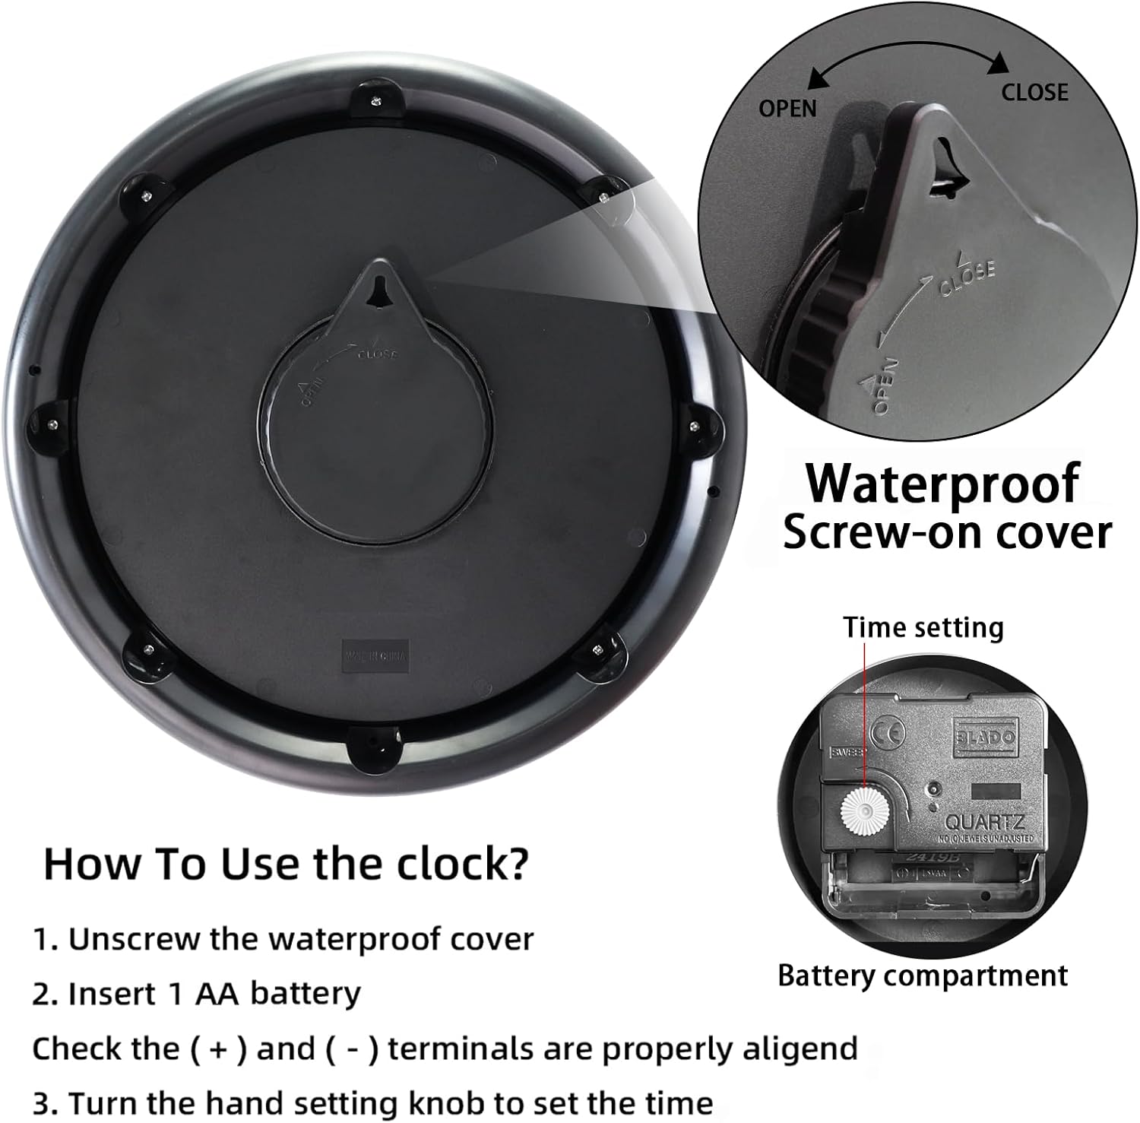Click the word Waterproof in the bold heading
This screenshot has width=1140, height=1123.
coord(942,484)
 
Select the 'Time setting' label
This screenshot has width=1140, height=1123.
coord(923,627)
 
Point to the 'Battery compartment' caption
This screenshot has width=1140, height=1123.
coord(922,975)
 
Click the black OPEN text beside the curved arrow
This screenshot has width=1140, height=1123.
coord(787,109)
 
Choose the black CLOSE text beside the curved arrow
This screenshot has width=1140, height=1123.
coord(1034,93)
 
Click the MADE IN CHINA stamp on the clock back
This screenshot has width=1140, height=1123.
coord(375,655)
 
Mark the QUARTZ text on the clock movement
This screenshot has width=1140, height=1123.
coord(984,822)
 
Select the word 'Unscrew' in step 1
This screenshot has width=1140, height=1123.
coord(136,939)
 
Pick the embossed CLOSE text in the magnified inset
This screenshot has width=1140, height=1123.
coord(967,278)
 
